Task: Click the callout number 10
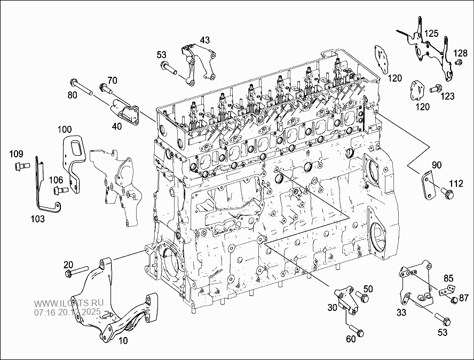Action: (x=123, y=340)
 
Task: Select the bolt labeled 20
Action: (x=75, y=273)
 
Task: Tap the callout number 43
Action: (x=205, y=41)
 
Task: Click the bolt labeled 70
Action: (x=106, y=87)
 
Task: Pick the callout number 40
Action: (x=116, y=126)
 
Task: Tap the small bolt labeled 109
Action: (x=20, y=165)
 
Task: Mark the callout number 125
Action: (x=431, y=34)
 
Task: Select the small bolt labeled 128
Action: (x=458, y=63)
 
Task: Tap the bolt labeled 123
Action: (x=436, y=87)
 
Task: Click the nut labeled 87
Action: (x=454, y=300)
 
